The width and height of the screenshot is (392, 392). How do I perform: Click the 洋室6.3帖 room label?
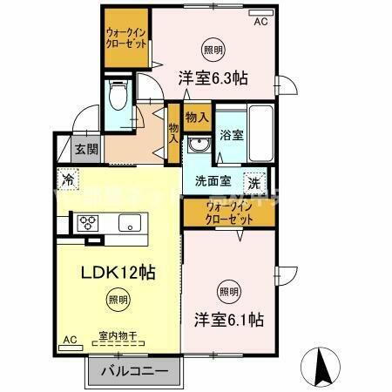click(213, 78)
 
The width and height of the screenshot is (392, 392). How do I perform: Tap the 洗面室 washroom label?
click(212, 183)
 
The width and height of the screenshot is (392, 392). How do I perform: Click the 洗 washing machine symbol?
click(254, 182)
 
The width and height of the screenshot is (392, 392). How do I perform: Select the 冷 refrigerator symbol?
click(67, 180)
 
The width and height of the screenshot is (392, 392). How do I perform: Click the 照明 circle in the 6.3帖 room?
click(213, 48)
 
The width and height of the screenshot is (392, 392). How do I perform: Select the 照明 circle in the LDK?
click(116, 299)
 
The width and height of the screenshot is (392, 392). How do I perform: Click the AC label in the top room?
click(260, 23)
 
